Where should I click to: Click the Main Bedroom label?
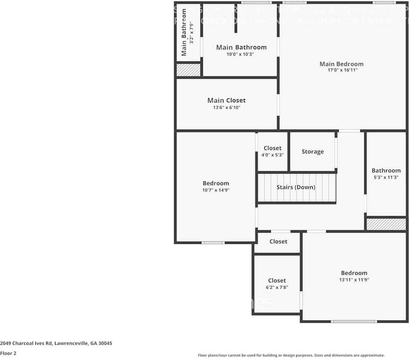coord(341,64)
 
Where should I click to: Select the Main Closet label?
coord(226,101)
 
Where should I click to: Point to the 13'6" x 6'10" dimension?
coord(227,107)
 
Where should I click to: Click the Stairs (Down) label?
coord(296,187)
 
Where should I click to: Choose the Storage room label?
coord(313,152)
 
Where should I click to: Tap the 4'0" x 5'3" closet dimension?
coord(272,155)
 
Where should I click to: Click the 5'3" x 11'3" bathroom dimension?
coord(386,177)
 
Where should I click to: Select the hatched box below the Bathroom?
coord(386,224)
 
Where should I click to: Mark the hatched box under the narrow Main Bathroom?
coord(188,70)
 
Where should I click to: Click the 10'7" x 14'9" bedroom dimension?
coord(216,190)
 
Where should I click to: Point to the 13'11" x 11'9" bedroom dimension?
coord(354,280)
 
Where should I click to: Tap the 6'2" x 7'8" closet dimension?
coord(277,287)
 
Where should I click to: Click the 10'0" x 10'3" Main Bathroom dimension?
coord(241,54)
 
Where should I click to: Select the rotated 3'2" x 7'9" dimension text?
coord(192,33)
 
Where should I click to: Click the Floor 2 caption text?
coord(8,354)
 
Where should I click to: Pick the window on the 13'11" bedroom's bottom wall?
coord(354,321)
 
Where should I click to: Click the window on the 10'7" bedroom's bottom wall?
coord(213,243)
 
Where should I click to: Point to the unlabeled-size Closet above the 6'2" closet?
coord(278,242)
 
